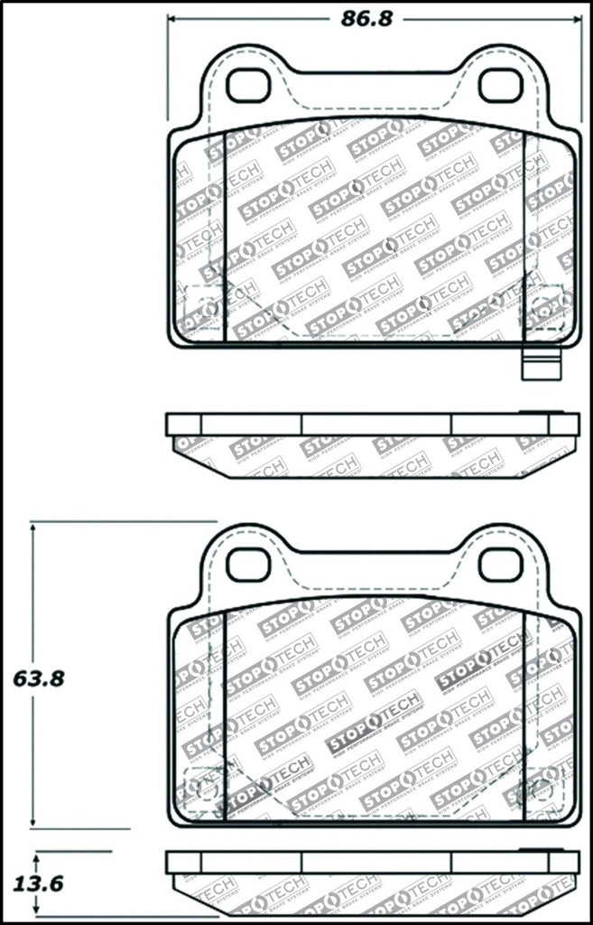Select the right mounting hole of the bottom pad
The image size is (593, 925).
tap(496, 565)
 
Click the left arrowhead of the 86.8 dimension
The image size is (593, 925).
tap(172, 19)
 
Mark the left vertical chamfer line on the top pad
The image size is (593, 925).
tap(223, 235)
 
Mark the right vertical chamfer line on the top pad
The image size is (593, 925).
tap(524, 235)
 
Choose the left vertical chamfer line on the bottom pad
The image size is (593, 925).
tap(223, 714)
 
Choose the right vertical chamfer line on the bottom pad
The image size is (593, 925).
tap(524, 714)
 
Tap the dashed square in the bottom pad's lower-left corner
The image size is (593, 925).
tap(198, 782)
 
